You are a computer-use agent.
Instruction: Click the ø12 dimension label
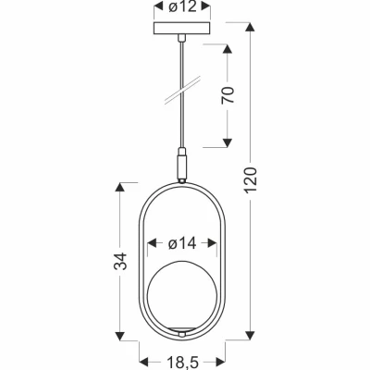click(x=182, y=7)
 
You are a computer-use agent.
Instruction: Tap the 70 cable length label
click(x=228, y=95)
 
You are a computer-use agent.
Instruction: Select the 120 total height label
click(x=251, y=180)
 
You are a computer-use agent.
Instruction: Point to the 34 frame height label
click(x=120, y=261)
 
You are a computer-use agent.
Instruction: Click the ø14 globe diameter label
click(x=182, y=244)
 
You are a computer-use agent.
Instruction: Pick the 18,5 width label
click(x=182, y=362)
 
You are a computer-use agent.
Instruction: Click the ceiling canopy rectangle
click(x=182, y=28)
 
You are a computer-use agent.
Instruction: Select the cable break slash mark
click(x=182, y=90)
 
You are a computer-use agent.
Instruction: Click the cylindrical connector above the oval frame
click(x=182, y=166)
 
